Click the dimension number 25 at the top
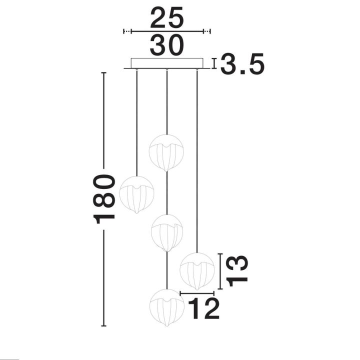click(167, 17)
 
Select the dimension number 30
click(167, 45)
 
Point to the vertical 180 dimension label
click(104, 199)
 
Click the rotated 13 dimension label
click(237, 271)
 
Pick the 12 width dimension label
click(204, 308)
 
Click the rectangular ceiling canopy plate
click(167, 63)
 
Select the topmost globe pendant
click(166, 153)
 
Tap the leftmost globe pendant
click(137, 194)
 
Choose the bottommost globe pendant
click(167, 307)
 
